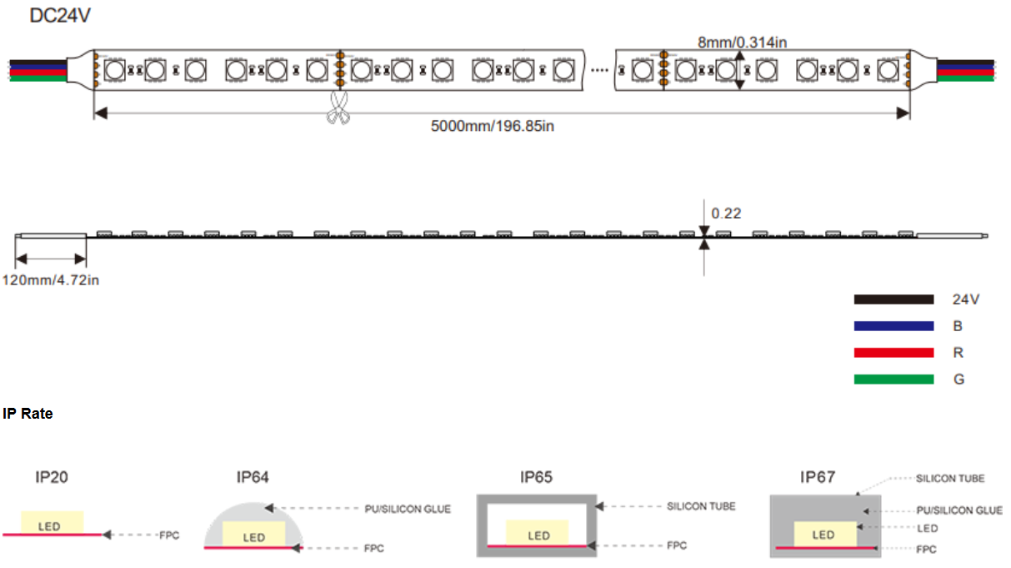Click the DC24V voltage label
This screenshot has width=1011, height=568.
click(x=60, y=16)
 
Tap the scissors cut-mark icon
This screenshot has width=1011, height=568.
click(x=338, y=108)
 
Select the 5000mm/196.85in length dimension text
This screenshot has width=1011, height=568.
click(x=493, y=126)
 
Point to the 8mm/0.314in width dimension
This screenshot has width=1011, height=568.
click(x=743, y=43)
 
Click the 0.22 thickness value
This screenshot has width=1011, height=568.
click(x=726, y=214)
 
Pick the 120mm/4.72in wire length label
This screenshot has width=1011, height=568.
click(x=51, y=280)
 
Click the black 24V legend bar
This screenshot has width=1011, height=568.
click(x=893, y=299)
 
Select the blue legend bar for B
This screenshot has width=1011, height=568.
click(x=893, y=326)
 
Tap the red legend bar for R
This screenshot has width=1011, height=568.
click(x=893, y=353)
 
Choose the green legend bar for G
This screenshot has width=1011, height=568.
click(x=893, y=380)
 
